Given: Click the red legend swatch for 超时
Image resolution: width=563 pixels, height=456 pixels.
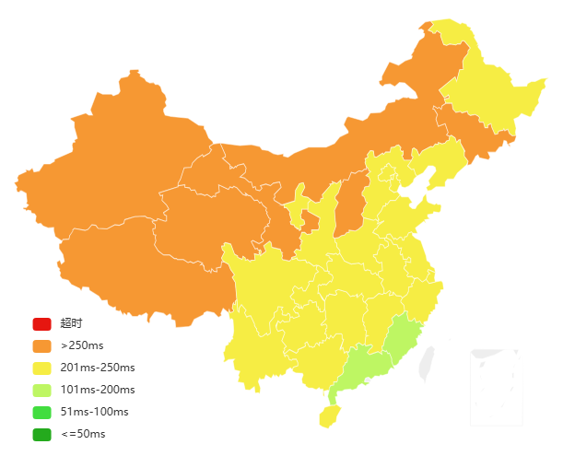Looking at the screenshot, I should [x=41, y=323].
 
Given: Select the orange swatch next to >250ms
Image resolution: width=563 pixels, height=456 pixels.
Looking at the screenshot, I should [x=41, y=345].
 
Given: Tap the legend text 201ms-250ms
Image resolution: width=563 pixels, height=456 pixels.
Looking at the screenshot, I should [x=98, y=368].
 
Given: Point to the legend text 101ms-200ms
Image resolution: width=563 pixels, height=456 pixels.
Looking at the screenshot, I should [x=98, y=390].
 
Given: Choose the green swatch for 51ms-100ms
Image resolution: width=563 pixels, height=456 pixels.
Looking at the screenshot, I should [x=41, y=412].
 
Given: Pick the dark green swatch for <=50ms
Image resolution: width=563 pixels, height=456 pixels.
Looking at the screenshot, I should [x=41, y=434].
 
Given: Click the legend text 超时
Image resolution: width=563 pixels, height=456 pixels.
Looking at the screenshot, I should [x=71, y=323].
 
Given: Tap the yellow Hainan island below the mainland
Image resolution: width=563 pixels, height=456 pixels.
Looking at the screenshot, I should [x=329, y=416].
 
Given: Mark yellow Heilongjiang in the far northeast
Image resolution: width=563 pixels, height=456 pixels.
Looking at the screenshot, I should [x=488, y=92].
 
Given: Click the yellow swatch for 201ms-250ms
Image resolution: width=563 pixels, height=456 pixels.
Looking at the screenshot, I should [x=41, y=368].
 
